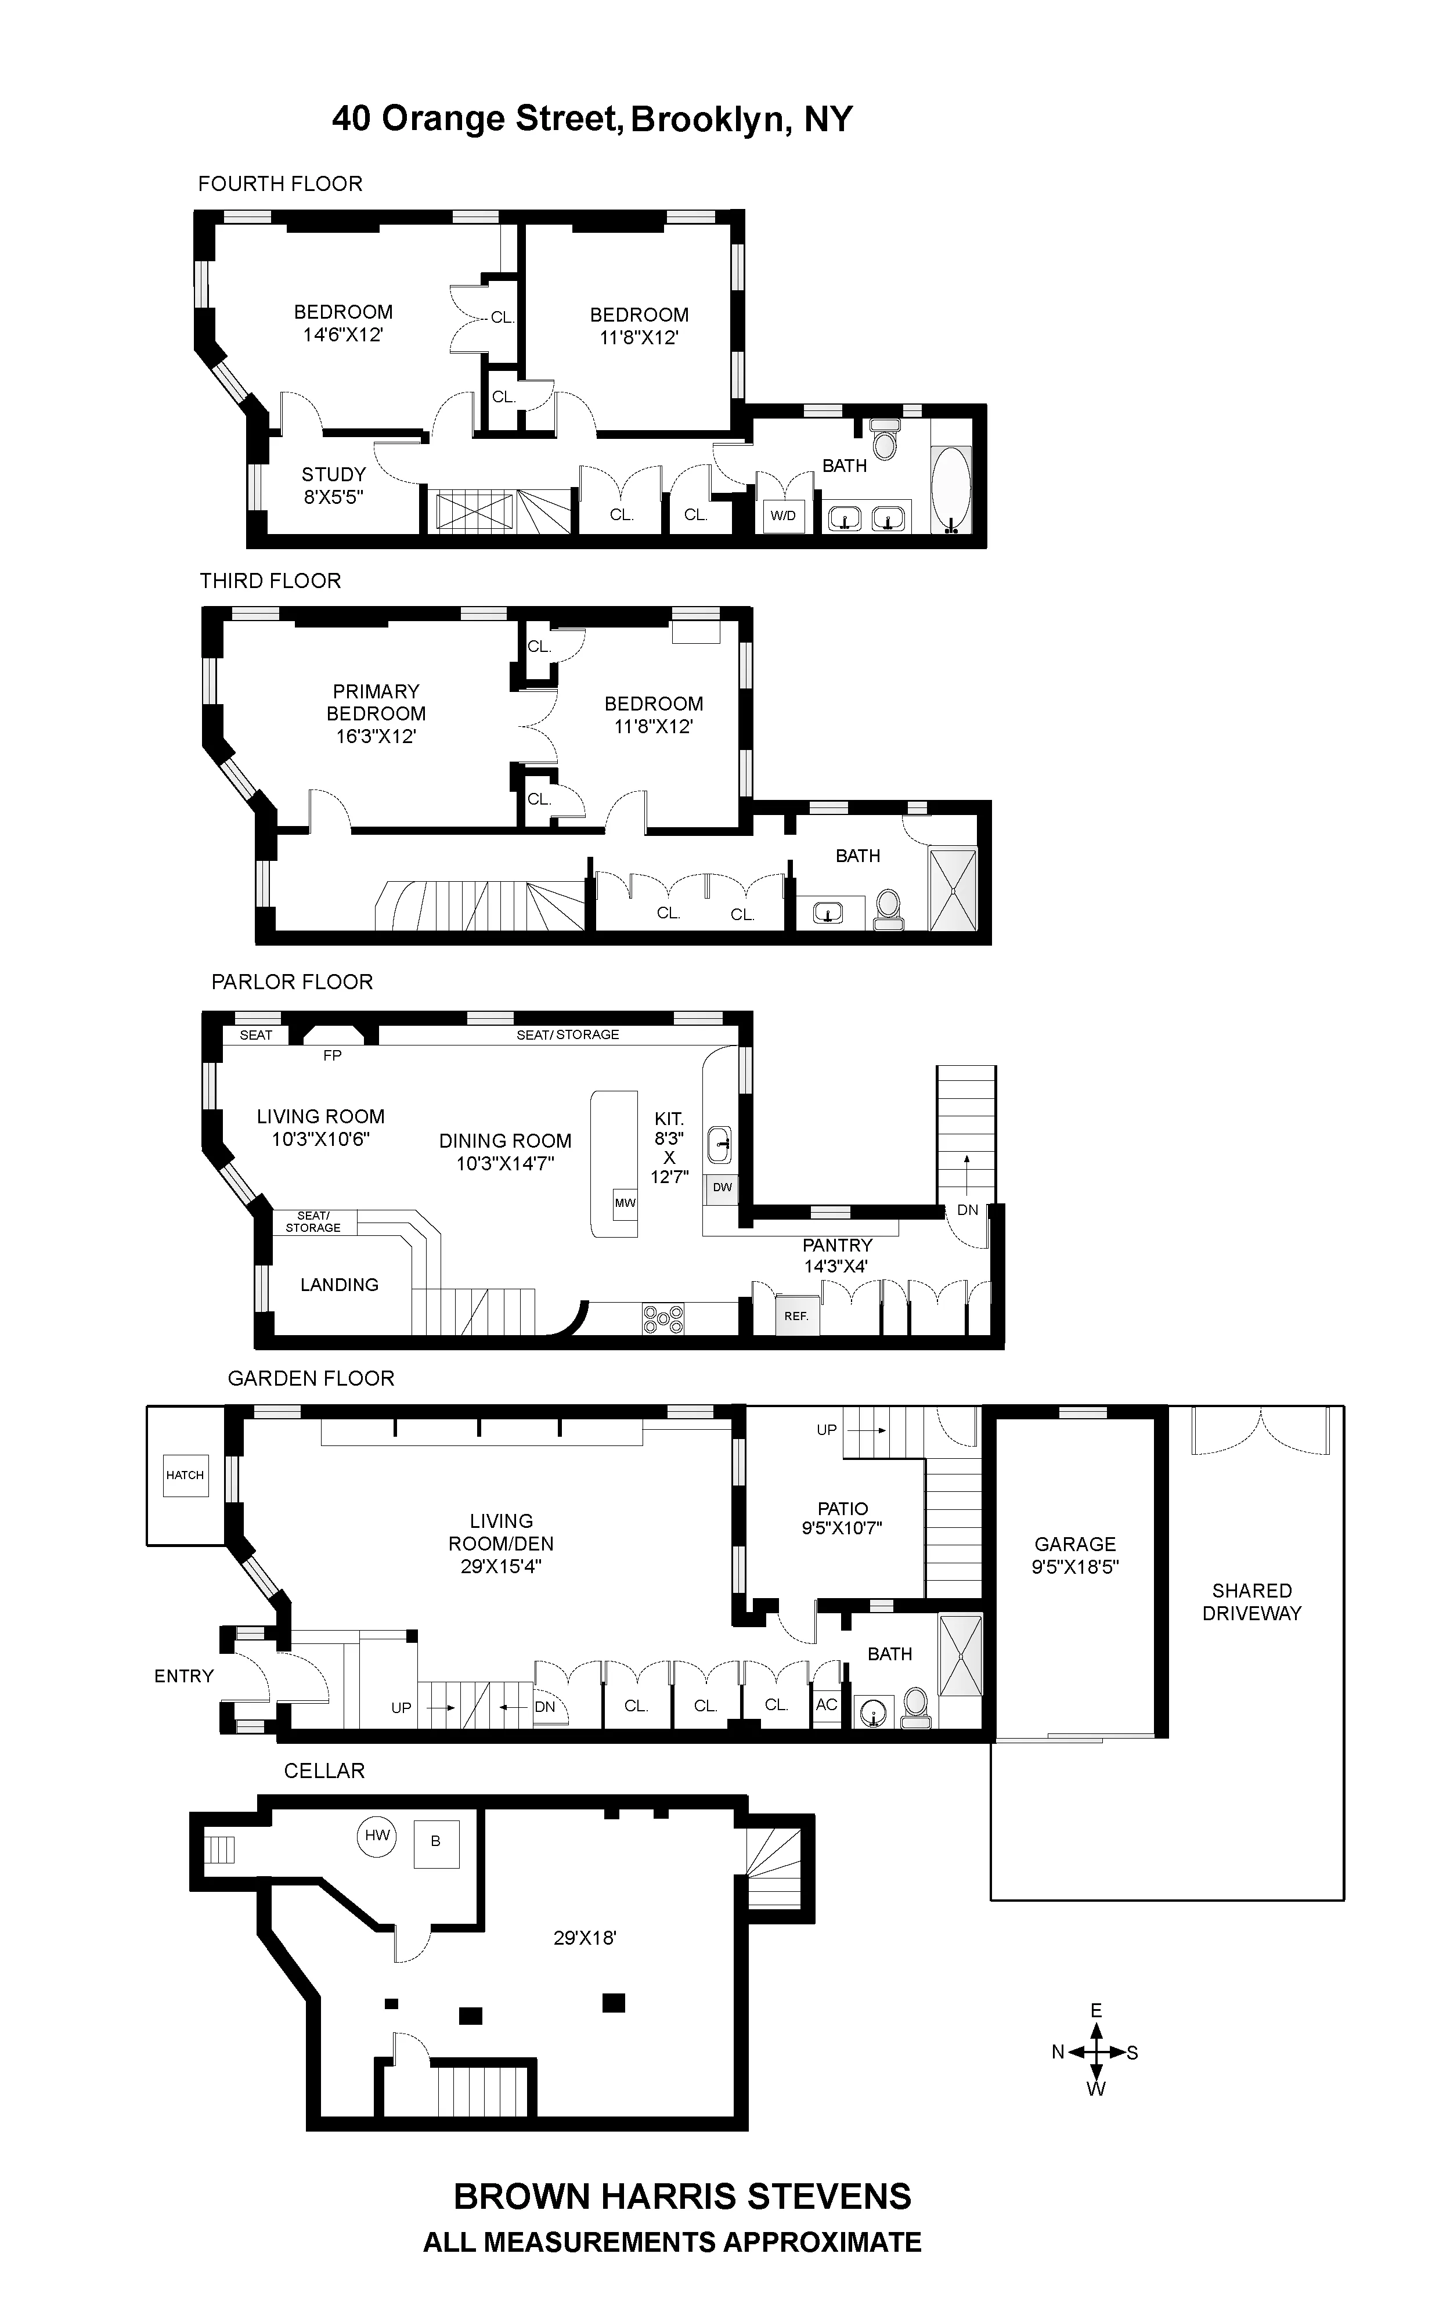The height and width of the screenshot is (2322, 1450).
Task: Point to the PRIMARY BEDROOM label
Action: (x=376, y=713)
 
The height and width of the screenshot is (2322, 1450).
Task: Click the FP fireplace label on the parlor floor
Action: (x=332, y=1055)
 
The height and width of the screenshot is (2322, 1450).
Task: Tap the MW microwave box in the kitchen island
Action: (x=625, y=1203)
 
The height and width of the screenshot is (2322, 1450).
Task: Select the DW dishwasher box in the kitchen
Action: (x=722, y=1187)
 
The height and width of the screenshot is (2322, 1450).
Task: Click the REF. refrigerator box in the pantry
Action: (x=796, y=1316)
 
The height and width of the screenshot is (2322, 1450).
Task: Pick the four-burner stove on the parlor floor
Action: (x=663, y=1319)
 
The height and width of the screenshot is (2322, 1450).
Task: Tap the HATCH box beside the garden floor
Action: (x=185, y=1475)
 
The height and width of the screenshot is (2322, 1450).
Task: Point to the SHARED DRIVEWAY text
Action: (x=1251, y=1602)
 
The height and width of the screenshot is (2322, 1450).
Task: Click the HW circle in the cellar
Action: (x=377, y=1836)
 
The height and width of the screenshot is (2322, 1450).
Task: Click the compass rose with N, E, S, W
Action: (x=1095, y=2053)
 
